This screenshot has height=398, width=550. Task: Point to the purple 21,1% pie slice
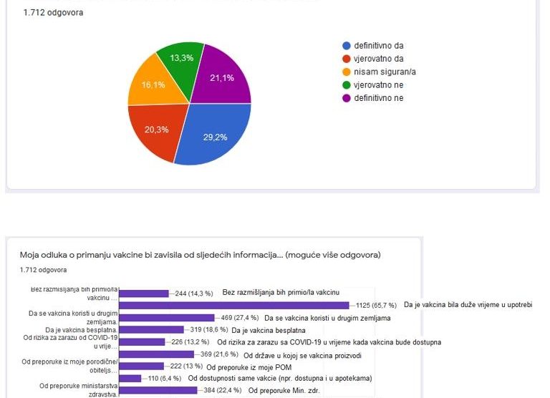(x=225, y=77)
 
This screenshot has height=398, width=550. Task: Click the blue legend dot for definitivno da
(x=347, y=46)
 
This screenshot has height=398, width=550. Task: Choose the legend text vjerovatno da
(x=378, y=59)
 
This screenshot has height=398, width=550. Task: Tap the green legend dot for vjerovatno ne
(x=347, y=84)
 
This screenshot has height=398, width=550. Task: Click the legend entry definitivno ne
(x=378, y=97)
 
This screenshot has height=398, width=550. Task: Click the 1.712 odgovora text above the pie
(x=53, y=12)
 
